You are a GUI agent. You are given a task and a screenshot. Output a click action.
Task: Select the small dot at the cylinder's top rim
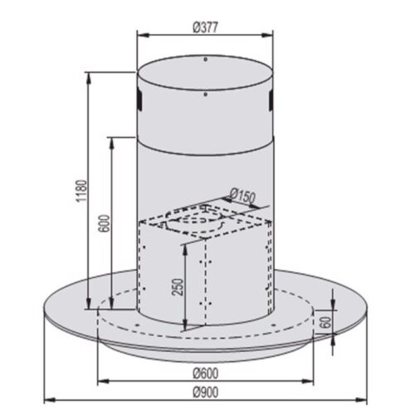coord(204,60)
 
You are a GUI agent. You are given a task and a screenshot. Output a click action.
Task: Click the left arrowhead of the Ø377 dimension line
coord(139,35)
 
